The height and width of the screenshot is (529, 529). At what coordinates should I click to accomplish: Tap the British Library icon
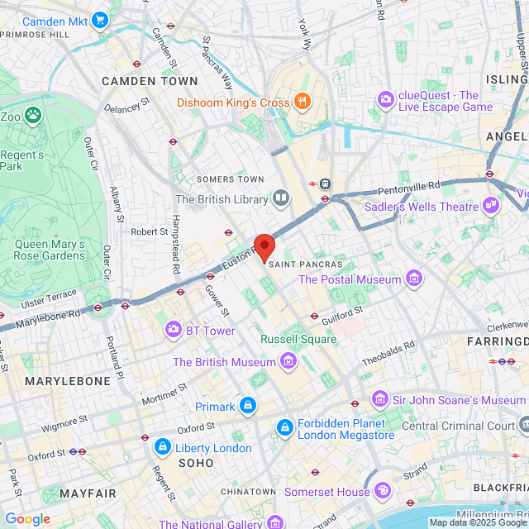(x=282, y=198)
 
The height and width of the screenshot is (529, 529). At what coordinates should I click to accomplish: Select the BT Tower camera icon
(x=174, y=331)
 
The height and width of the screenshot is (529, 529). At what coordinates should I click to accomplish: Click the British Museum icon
(x=288, y=362)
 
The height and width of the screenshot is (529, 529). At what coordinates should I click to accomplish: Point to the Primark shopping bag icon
(x=247, y=406)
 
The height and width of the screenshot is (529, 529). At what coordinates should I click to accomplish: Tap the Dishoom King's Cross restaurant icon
(x=303, y=102)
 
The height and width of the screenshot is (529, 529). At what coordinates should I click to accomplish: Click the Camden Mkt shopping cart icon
(x=100, y=20)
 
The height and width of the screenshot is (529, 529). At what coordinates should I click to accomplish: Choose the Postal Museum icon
(x=413, y=279)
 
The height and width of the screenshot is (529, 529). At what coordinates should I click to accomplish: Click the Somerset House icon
(x=383, y=492)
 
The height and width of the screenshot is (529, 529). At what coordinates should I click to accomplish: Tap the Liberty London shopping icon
(x=162, y=448)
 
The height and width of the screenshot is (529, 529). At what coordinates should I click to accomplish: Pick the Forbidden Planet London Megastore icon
(x=284, y=427)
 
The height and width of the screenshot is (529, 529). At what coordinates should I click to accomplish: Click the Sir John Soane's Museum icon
(x=379, y=400)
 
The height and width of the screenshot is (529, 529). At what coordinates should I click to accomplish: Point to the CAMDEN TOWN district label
(x=150, y=81)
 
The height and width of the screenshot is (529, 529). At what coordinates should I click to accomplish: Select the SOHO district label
(x=195, y=463)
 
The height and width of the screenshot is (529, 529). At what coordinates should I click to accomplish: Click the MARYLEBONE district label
(x=68, y=381)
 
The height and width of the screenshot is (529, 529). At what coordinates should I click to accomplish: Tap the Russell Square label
(x=298, y=339)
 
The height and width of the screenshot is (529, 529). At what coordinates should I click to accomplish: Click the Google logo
(x=27, y=519)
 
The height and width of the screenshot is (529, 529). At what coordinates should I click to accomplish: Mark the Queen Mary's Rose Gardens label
(x=50, y=250)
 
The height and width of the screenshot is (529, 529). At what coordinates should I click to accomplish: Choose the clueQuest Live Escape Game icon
(x=386, y=100)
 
